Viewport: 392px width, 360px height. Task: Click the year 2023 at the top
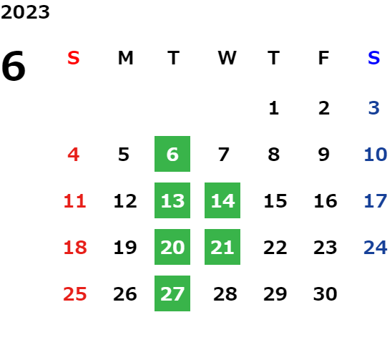[25, 12]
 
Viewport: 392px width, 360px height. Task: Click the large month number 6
[14, 66]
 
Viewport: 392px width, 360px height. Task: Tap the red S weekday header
[74, 58]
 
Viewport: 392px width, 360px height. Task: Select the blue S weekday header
[373, 58]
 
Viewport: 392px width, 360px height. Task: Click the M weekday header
[125, 58]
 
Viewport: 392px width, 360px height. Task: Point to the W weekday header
[227, 58]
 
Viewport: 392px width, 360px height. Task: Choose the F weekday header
[324, 58]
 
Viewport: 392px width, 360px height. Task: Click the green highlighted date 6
[172, 154]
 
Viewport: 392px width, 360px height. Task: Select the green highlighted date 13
[172, 200]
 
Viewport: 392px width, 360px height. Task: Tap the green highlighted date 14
[222, 200]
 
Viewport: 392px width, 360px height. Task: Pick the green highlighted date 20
[172, 247]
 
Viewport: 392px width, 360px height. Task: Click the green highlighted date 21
[222, 247]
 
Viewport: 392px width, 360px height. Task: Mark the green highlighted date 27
[172, 293]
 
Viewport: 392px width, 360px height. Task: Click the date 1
[274, 108]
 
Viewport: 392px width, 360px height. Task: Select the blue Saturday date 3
[374, 108]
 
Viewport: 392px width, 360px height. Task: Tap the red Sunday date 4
[74, 154]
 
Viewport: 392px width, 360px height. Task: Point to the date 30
[325, 293]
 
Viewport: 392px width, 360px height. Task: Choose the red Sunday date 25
[75, 293]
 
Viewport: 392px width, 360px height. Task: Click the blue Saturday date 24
[376, 247]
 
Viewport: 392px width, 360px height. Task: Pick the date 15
[275, 200]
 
